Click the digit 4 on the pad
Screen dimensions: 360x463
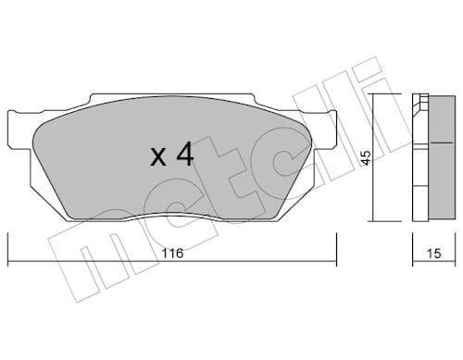(184, 155)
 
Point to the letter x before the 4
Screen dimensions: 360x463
(158, 156)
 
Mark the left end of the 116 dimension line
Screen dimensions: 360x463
(9, 262)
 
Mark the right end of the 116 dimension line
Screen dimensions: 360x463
(336, 262)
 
